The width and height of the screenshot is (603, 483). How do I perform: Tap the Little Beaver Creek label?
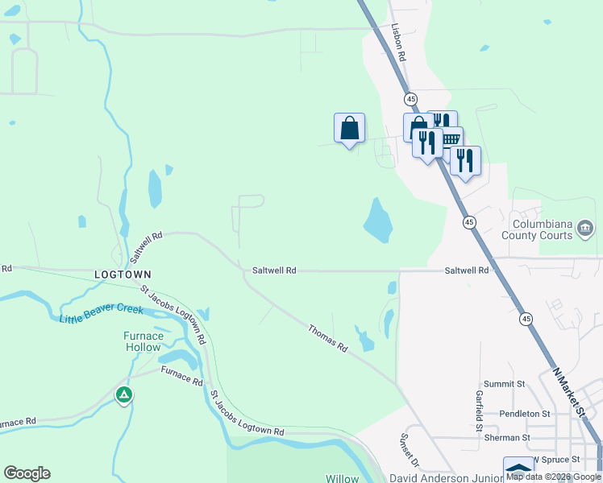coord(101,314)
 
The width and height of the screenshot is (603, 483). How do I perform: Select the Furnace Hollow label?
coord(143,341)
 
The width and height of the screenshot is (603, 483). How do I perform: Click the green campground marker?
coord(123,394)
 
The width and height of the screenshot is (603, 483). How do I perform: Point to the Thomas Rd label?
coord(327,337)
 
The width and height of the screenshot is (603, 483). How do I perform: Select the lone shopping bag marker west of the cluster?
coord(349,128)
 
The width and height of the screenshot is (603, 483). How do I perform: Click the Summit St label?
coord(504,385)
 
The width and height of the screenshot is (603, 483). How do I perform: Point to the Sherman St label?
coord(507,438)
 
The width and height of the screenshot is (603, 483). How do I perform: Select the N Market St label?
coord(569,394)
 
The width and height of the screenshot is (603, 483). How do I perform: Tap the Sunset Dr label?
coord(409,451)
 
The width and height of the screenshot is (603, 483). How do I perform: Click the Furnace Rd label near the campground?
coord(181,375)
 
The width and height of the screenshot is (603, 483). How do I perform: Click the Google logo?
coord(27,473)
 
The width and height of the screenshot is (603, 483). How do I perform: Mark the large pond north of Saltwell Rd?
coord(377,220)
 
